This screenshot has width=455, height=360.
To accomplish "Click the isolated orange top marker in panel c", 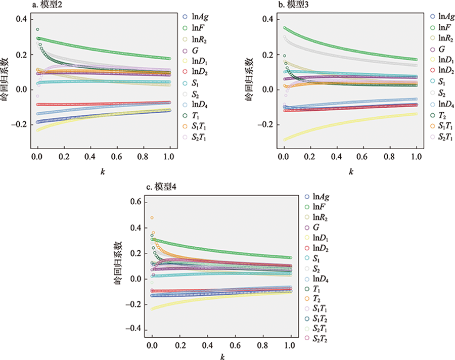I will [152, 218].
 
